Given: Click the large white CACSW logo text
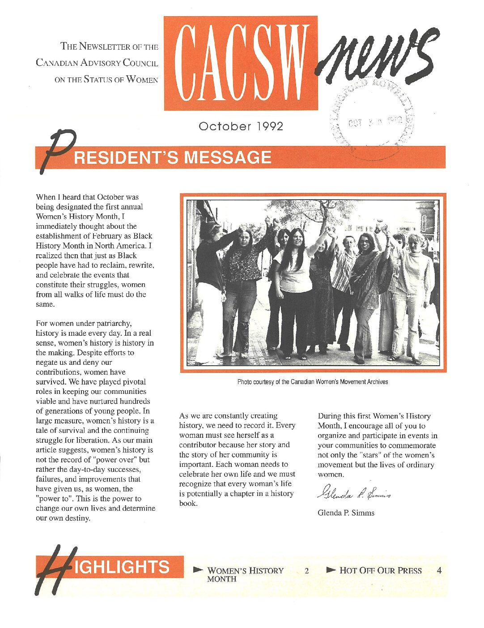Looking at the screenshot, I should (x=241, y=63).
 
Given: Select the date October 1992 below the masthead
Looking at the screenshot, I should (x=241, y=126).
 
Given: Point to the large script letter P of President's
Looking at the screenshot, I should (x=56, y=150).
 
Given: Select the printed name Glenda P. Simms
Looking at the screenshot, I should (x=346, y=513).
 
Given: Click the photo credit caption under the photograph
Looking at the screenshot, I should (x=312, y=382).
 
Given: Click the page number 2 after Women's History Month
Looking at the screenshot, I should (x=306, y=571).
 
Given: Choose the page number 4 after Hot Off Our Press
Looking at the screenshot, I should (x=439, y=570).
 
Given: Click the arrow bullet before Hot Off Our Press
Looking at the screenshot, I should (x=331, y=570).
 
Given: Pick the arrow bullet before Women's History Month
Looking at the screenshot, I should (x=198, y=570).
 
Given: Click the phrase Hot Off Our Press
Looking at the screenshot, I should (x=380, y=570).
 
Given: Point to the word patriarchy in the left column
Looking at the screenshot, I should (x=114, y=323).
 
